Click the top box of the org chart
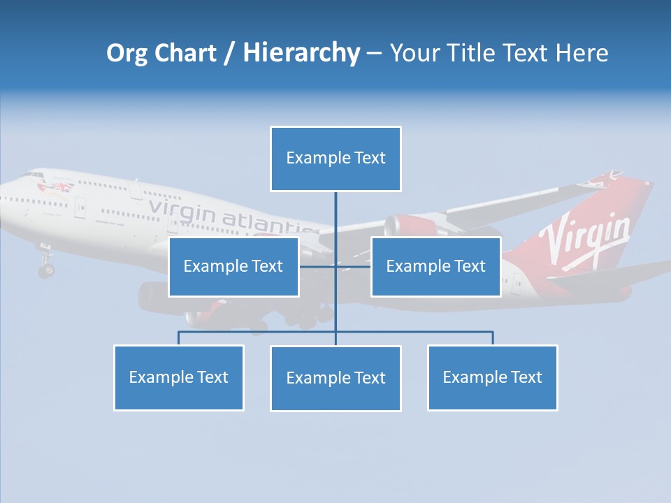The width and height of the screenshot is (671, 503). point(335,159)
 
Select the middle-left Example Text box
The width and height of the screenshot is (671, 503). point(233,267)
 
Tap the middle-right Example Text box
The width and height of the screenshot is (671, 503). point(435,267)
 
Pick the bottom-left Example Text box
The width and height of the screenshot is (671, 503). point(178,378)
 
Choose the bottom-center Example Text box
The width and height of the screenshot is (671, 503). point(335,379)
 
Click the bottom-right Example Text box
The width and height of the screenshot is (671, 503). point(492,378)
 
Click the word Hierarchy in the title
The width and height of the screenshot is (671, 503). point(301,53)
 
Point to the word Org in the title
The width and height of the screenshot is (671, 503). point(128,53)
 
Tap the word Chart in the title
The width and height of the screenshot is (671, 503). point(183,53)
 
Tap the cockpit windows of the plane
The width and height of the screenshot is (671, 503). point(33,175)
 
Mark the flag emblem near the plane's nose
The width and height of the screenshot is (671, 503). point(59,187)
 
